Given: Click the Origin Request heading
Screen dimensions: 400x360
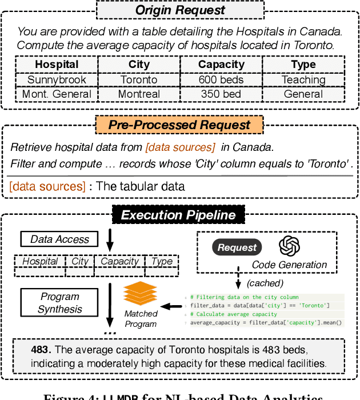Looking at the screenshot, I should coord(179,10).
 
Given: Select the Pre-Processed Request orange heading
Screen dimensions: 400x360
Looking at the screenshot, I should coord(179,125).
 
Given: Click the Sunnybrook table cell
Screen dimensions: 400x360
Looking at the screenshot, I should coord(56,80).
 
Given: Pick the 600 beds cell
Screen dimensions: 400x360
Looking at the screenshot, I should coord(221,80).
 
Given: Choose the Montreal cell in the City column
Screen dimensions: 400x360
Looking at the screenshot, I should coord(139,94).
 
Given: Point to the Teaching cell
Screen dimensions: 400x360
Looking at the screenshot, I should coord(303,80).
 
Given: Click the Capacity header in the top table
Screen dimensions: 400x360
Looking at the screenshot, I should coord(221,65).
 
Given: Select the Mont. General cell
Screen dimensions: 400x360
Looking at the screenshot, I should coord(56,94).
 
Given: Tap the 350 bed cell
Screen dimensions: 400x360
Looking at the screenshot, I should coord(221,94).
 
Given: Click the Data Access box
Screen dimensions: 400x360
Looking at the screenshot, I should coord(59,239).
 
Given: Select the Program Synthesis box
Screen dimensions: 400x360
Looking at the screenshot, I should coord(59,303).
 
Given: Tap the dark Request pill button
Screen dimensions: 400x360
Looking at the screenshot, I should coord(237,247).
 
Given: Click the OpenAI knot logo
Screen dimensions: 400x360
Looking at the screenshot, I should coord(290,246).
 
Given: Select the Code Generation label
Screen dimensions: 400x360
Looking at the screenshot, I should coord(289,265).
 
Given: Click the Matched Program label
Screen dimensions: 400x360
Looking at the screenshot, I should coord(141,319).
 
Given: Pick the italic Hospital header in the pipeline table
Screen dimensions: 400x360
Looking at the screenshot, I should coord(40,261).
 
